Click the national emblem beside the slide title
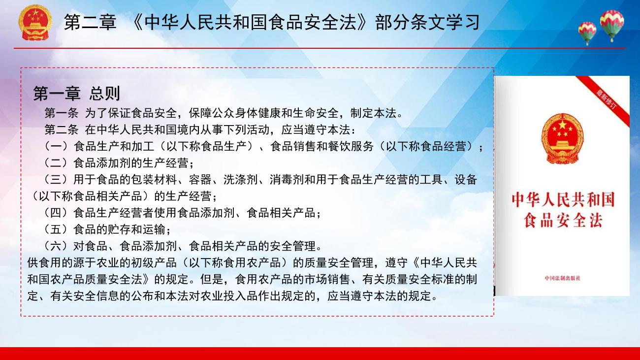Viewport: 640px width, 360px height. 35,23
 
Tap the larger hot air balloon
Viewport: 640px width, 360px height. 612,25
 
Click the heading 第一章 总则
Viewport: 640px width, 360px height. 77,93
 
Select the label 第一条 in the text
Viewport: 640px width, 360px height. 62,113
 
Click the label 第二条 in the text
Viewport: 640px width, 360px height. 62,130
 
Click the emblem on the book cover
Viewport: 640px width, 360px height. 562,139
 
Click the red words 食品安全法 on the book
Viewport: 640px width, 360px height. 563,221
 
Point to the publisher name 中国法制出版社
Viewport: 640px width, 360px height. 563,278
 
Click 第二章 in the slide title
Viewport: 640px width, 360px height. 90,22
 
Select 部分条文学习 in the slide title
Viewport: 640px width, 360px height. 427,22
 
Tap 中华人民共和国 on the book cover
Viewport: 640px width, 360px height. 563,199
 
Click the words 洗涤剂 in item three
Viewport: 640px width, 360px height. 240,180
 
